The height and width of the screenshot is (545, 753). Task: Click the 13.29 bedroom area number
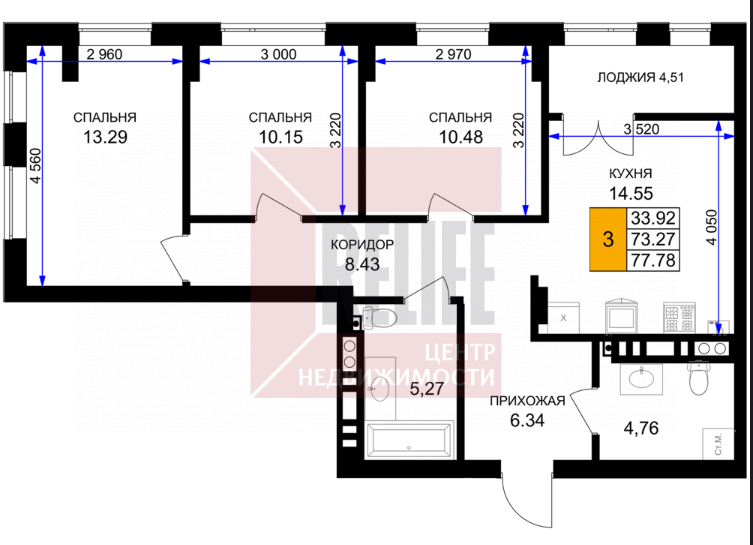[x=105, y=137]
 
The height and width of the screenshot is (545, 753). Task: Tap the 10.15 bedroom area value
[x=281, y=137]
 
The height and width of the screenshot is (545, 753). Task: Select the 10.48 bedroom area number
[x=461, y=137]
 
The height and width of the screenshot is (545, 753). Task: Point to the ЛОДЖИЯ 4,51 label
[x=640, y=77]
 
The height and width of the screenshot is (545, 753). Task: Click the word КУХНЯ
[x=631, y=173]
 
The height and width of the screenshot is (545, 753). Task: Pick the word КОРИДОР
[x=363, y=244]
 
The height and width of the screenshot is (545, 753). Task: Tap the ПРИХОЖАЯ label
[x=527, y=400]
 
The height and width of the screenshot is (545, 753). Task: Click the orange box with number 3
[x=608, y=239]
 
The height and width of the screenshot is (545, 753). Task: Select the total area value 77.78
[x=653, y=261]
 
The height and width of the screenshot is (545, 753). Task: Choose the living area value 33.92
[x=653, y=218]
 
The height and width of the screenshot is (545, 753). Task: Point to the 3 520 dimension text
[x=641, y=129]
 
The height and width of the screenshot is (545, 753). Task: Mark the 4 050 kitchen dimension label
[x=712, y=233]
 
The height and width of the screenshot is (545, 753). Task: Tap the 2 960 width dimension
[x=105, y=55]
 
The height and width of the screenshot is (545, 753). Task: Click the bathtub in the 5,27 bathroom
[x=409, y=441]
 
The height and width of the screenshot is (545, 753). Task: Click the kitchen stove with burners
[x=679, y=317]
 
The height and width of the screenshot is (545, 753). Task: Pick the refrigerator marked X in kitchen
[x=564, y=317]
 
